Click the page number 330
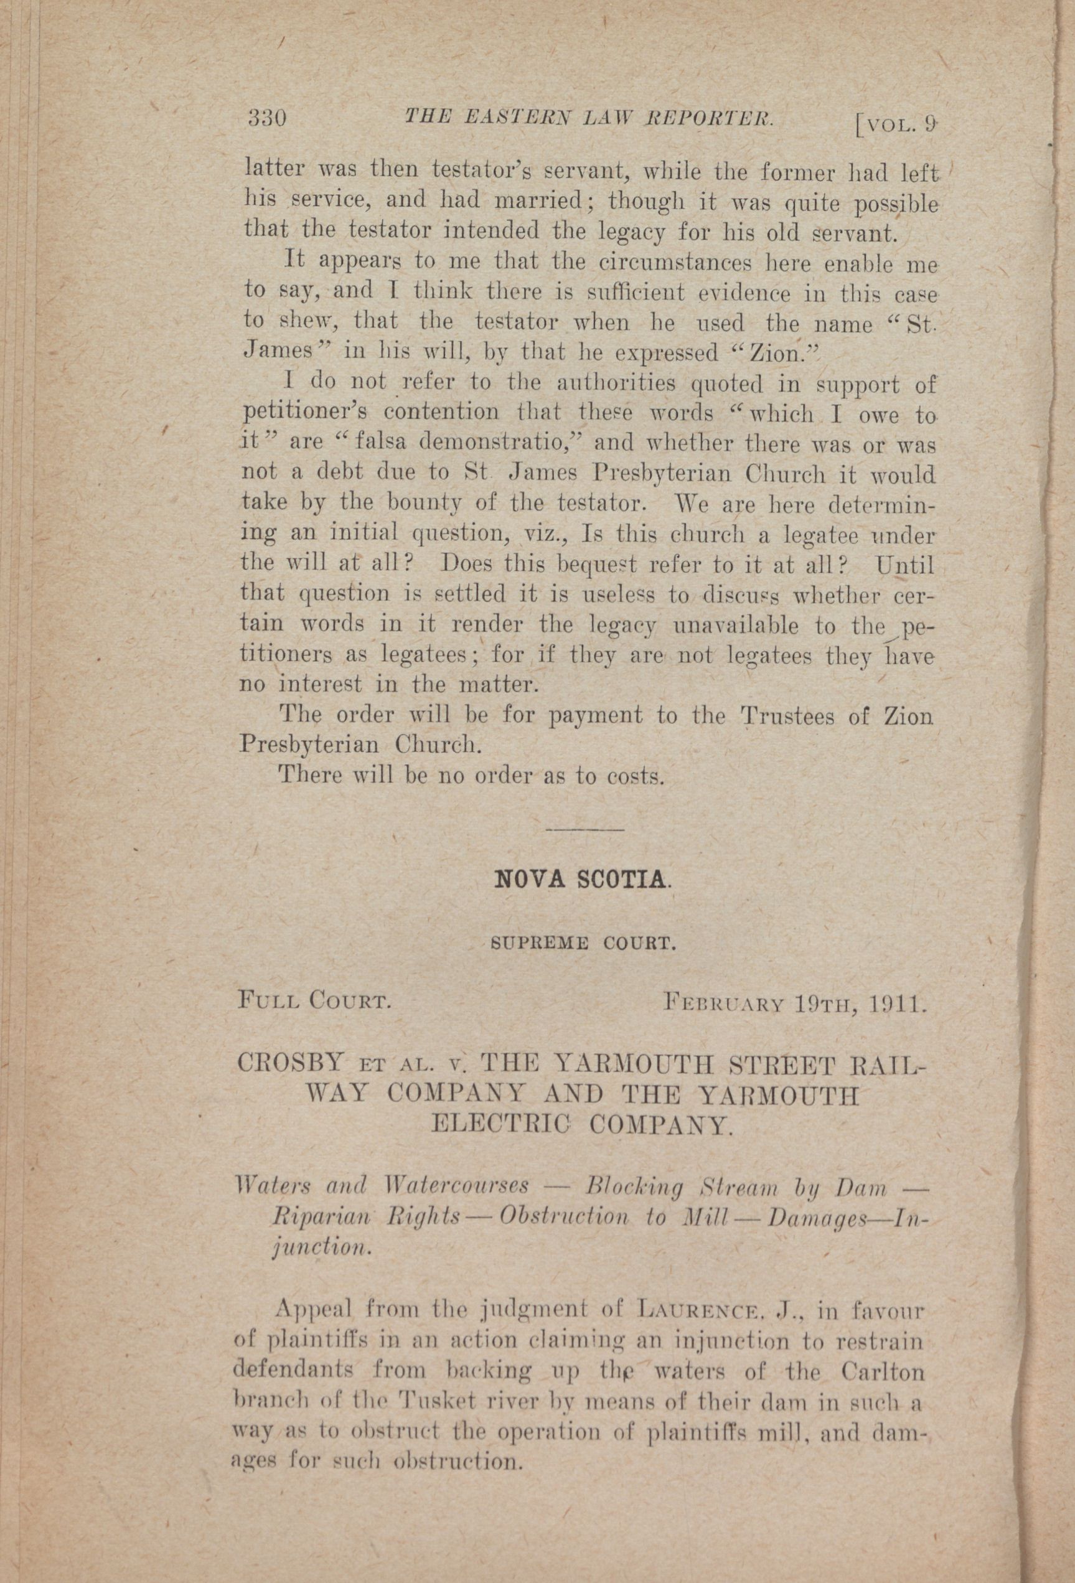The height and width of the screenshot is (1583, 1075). (266, 118)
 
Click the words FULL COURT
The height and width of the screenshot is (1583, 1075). (314, 1000)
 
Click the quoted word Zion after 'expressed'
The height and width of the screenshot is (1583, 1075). (769, 354)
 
